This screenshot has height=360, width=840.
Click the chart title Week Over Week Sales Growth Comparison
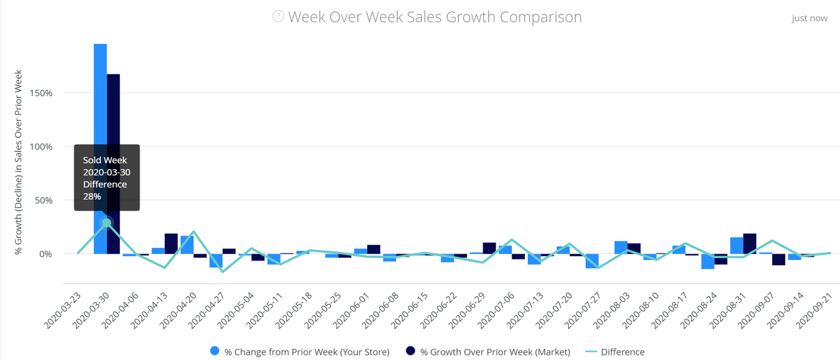[435, 17]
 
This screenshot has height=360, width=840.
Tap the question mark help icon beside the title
[278, 16]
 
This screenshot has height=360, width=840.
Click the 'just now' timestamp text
[809, 18]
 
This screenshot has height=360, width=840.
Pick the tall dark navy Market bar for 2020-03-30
[113, 132]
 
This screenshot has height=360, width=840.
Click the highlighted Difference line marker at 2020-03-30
[107, 223]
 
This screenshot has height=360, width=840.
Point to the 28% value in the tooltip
[92, 196]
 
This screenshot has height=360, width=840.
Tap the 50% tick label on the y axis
[43, 200]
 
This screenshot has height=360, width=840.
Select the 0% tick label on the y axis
[45, 254]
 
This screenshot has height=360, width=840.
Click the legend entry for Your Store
[300, 352]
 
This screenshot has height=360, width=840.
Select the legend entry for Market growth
[489, 352]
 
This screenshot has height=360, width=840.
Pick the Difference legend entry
[615, 352]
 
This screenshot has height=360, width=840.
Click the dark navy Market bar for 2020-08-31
[749, 244]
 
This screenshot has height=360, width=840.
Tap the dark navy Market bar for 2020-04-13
[171, 244]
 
